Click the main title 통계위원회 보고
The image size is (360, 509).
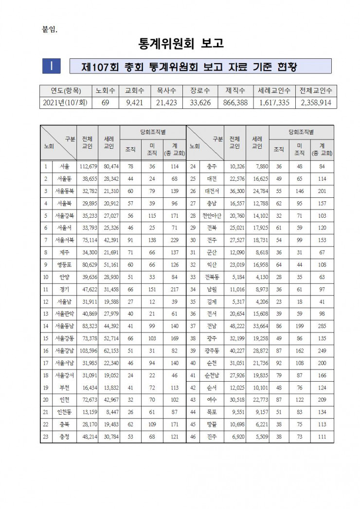(180, 44)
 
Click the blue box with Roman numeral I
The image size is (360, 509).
(51, 66)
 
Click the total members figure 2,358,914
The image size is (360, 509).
(316, 103)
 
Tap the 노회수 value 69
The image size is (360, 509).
(105, 103)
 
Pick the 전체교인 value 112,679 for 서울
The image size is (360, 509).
(88, 167)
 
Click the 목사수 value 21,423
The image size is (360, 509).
(165, 103)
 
